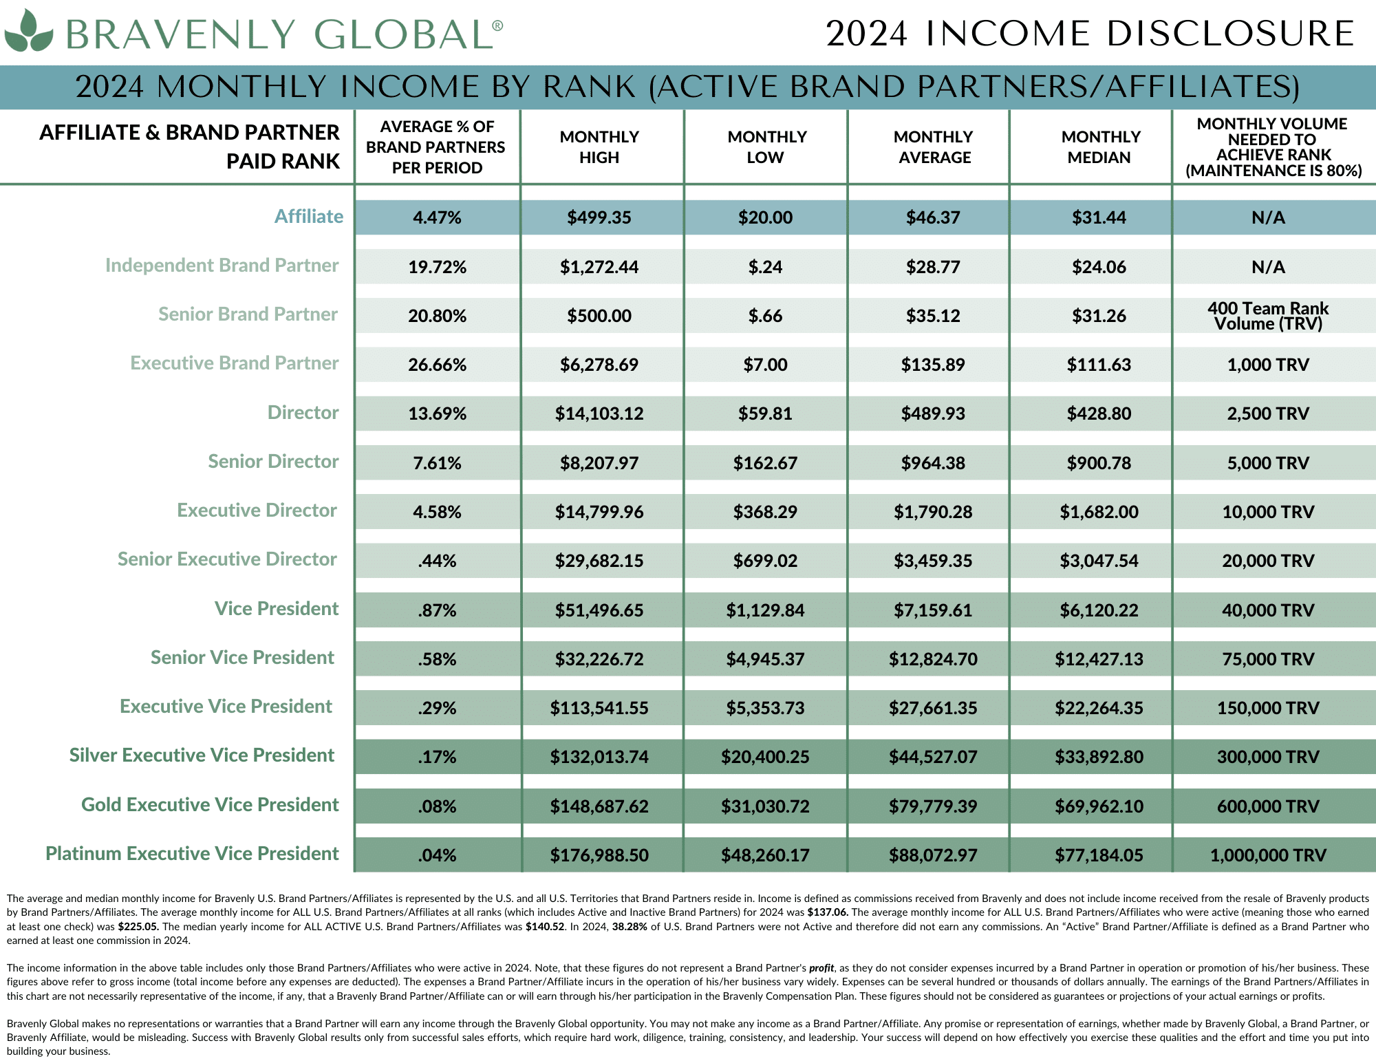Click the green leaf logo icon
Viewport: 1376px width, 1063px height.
28,32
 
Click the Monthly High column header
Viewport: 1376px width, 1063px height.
599,147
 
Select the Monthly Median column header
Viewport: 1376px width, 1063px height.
1099,147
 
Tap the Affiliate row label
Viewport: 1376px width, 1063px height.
308,217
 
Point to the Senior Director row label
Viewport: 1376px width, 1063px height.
273,462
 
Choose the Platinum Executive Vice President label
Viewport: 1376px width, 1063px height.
192,854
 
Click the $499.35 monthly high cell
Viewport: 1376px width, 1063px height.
599,218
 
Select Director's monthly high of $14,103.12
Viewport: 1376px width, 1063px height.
599,414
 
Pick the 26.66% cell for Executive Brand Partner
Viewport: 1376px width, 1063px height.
437,365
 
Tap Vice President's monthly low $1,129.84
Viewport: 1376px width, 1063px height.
765,610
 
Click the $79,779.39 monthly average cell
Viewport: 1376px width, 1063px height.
933,806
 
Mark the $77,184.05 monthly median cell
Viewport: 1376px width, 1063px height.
1099,855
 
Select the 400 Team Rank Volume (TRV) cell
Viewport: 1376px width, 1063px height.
1268,316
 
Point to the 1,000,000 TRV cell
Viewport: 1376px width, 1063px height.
1268,855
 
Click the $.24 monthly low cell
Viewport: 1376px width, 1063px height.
765,267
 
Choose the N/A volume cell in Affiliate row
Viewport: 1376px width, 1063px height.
1268,218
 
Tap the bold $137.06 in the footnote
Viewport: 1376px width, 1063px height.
828,912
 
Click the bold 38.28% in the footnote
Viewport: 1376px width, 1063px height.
630,927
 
